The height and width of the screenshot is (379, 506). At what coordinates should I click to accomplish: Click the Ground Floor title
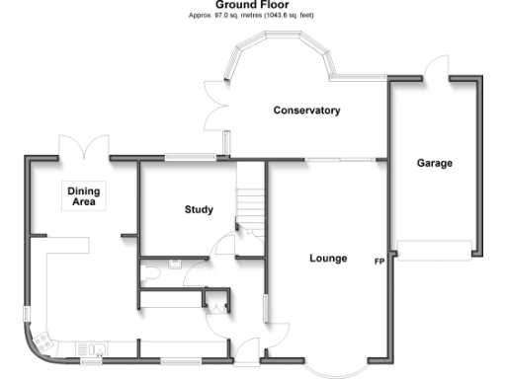pos(252,5)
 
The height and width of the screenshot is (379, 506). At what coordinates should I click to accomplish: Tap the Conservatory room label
pos(306,111)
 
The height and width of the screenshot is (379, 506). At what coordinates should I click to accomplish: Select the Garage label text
pos(435,163)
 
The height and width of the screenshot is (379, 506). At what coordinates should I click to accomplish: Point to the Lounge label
pos(328,259)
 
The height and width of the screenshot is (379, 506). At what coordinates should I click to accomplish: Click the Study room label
pos(199,209)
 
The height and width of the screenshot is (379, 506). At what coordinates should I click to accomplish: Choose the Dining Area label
pos(84,195)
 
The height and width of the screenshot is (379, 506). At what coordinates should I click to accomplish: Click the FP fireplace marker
pos(379,263)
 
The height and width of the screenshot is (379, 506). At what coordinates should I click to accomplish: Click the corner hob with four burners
pos(44,341)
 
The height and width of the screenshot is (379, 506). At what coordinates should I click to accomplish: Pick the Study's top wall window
pos(192,156)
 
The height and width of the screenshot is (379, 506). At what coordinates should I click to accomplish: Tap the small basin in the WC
pos(174,263)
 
